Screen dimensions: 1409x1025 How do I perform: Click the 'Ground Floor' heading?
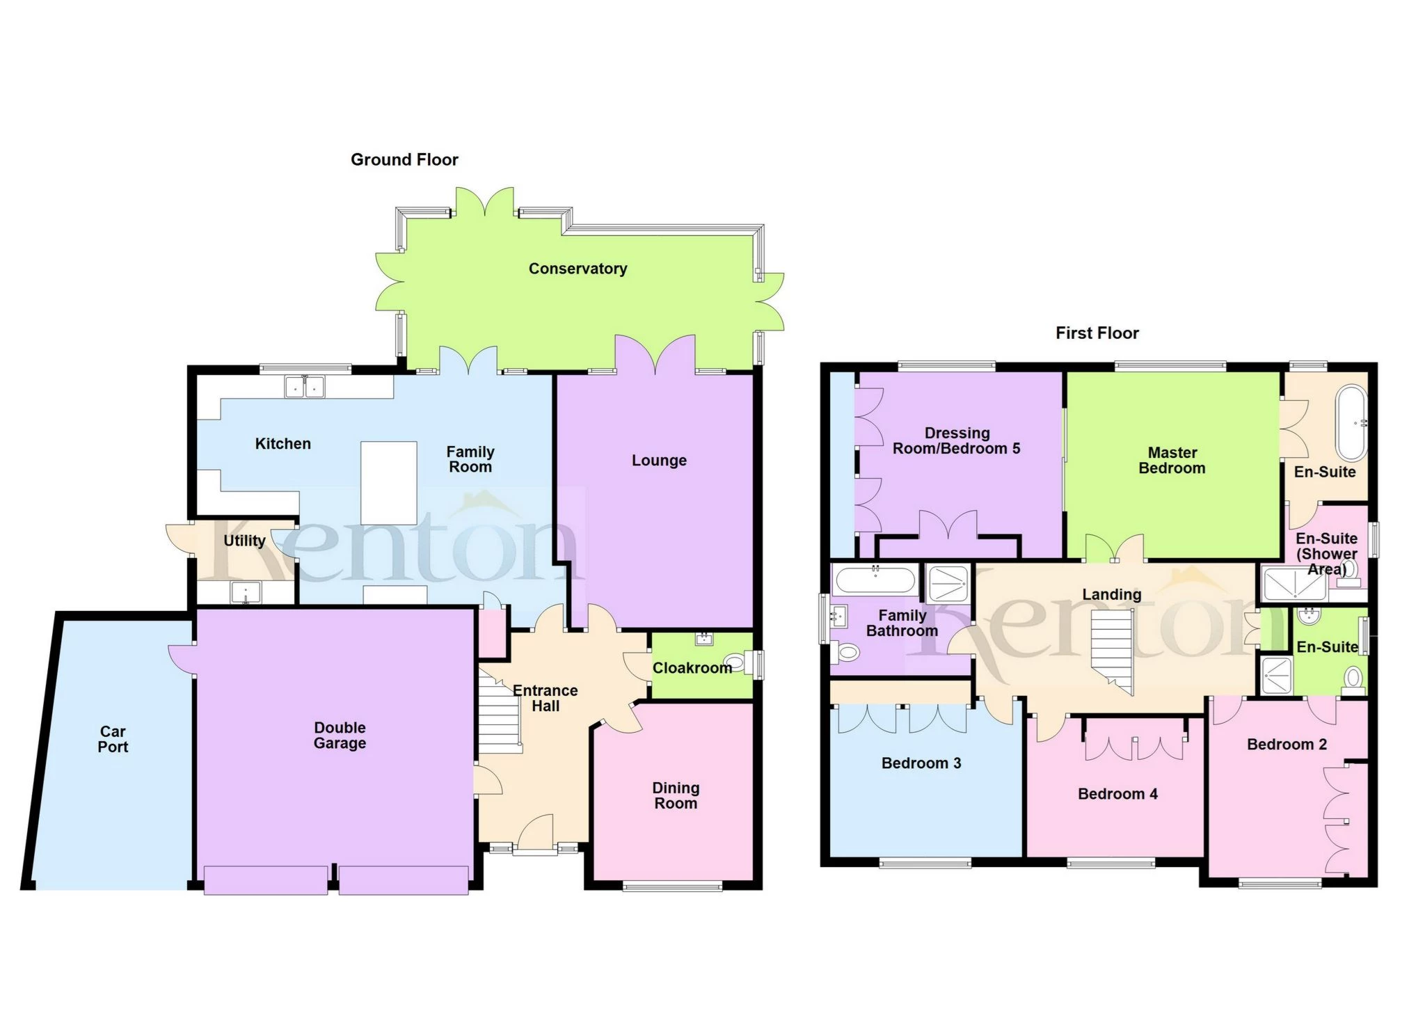[x=404, y=160]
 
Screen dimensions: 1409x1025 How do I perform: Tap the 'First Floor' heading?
[x=1097, y=333]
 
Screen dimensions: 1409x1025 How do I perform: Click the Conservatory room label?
[x=578, y=269]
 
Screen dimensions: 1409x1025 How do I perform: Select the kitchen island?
[x=389, y=483]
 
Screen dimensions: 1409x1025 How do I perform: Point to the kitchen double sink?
[x=305, y=386]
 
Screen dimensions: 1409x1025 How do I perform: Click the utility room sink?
[x=245, y=592]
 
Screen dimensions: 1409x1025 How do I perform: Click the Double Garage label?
[x=340, y=736]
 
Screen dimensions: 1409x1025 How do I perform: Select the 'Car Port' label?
[x=113, y=739]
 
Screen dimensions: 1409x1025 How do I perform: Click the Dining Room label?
[x=676, y=795]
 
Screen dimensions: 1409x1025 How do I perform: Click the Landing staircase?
[x=1112, y=650]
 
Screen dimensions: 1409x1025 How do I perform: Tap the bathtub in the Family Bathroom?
[x=875, y=580]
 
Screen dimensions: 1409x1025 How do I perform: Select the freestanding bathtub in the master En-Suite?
[x=1351, y=422]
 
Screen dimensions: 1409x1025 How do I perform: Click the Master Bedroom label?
[x=1172, y=461]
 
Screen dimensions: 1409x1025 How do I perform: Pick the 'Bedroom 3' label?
[x=921, y=763]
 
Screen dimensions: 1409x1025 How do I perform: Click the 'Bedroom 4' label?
[x=1117, y=794]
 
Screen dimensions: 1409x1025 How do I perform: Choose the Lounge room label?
[x=659, y=461]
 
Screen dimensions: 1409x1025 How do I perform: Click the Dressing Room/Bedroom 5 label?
[x=957, y=441]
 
